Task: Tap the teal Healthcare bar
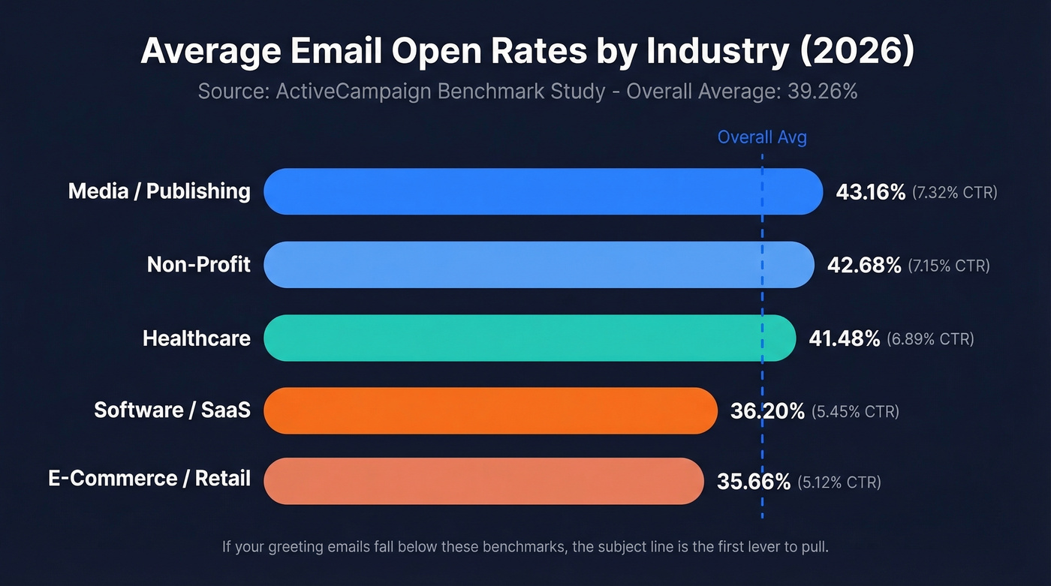[x=529, y=338]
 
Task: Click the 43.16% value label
[x=871, y=192]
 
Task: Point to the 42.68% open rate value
[x=864, y=266]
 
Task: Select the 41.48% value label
[x=844, y=339]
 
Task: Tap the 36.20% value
[x=767, y=411]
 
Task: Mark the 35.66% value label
[x=754, y=482]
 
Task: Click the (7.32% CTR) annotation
[x=955, y=193]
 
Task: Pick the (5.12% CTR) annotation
[x=839, y=482]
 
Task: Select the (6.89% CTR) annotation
[x=930, y=340]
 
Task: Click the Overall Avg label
[x=762, y=137]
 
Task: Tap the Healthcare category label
[x=197, y=338]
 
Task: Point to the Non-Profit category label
[x=199, y=265]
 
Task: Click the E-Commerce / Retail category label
[x=149, y=479]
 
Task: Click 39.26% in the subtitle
[x=822, y=92]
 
